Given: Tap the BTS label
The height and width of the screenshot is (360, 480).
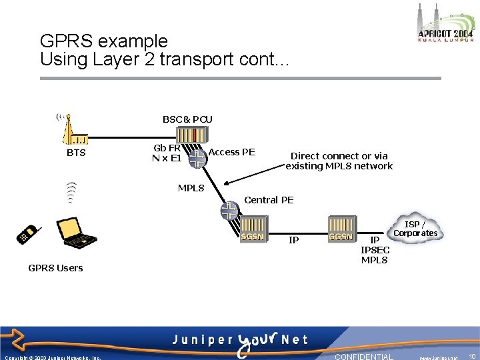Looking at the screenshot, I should tap(76, 153).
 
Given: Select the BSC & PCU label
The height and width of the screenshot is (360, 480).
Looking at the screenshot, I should tap(187, 119).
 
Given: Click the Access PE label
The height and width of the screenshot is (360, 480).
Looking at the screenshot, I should tap(232, 152).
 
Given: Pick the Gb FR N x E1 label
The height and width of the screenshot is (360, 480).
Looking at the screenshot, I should tap(167, 153).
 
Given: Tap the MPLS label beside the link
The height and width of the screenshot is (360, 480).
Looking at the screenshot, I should tap(191, 188).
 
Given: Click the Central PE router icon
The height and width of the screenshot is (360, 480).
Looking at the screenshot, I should tap(229, 210).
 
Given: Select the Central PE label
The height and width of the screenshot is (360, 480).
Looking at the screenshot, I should tap(269, 200).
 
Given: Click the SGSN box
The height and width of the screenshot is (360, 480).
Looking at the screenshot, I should tap(253, 229).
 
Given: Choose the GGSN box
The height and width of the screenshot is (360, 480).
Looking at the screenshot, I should tap(340, 229).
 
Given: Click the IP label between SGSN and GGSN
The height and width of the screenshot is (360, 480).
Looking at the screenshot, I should tap(293, 240).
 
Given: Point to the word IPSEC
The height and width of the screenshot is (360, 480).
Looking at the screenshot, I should tap(375, 250).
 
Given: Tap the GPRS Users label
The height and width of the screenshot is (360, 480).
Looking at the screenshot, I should tap(55, 268).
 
